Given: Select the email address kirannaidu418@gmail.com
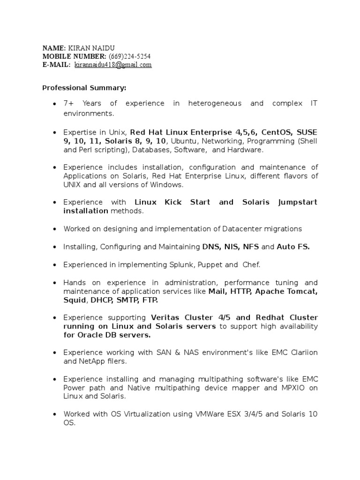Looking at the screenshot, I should [113, 65].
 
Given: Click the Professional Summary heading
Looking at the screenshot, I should [84, 88].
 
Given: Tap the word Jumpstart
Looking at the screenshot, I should [298, 202].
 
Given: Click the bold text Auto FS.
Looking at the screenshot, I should [293, 247].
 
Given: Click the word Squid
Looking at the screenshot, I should [75, 300].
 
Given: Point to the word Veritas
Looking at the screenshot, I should [166, 317].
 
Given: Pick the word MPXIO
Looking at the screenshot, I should [294, 388].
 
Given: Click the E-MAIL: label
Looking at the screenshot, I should [56, 65].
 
